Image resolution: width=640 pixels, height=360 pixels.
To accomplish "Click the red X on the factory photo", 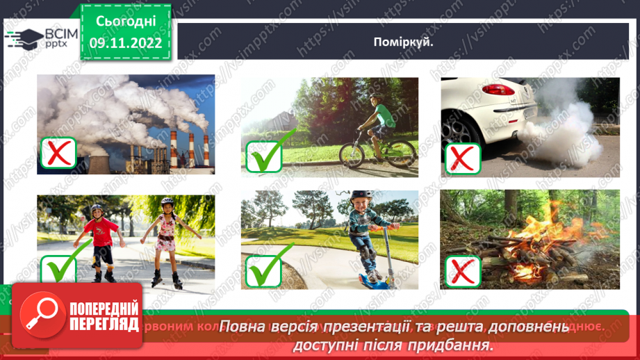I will (58, 153).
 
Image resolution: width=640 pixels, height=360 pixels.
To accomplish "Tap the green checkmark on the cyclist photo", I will (264, 155).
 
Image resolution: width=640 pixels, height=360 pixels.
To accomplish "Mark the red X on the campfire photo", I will (462, 271).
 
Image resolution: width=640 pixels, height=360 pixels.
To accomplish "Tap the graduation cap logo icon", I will (24, 37).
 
